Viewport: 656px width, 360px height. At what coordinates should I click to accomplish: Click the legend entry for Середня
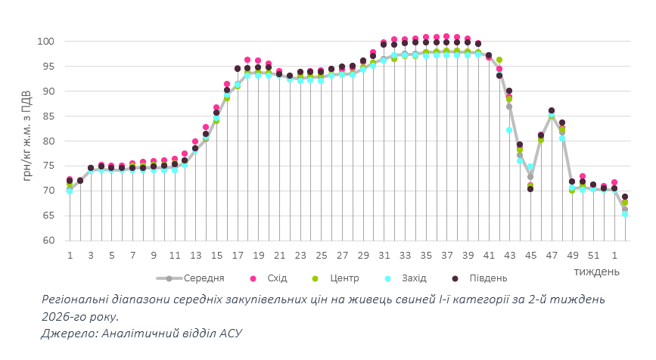pyautogui.click(x=197, y=278)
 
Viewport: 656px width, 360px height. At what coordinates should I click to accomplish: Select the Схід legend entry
pyautogui.click(x=278, y=278)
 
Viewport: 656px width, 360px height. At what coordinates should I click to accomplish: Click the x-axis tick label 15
pyautogui.click(x=216, y=256)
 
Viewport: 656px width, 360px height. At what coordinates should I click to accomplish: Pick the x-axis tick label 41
pyautogui.click(x=490, y=256)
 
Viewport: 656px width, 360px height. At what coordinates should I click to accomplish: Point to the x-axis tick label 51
pyautogui.click(x=593, y=256)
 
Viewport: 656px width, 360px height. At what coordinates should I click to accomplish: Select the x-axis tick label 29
pyautogui.click(x=363, y=256)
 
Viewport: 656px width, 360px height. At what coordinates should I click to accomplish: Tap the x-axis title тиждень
pyautogui.click(x=598, y=271)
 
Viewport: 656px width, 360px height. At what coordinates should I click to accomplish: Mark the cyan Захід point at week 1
pyautogui.click(x=70, y=191)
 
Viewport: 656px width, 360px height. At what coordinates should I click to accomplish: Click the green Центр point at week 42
pyautogui.click(x=499, y=60)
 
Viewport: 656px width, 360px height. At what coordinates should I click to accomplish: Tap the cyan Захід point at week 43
pyautogui.click(x=509, y=130)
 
